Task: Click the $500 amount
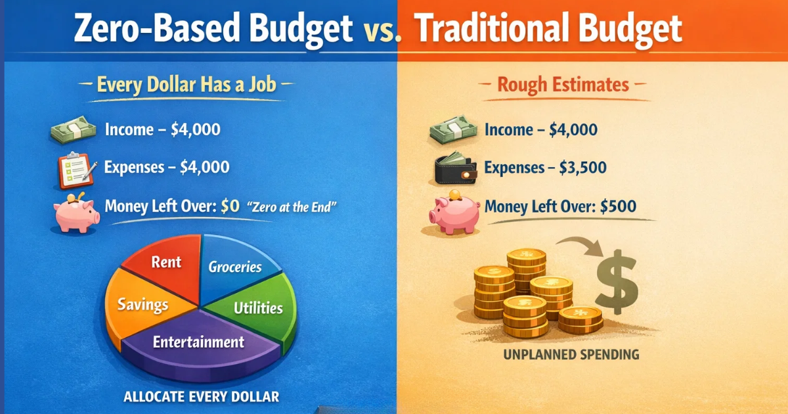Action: click(x=618, y=206)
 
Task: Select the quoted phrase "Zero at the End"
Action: click(x=292, y=207)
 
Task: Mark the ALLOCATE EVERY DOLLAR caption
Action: click(x=202, y=396)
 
